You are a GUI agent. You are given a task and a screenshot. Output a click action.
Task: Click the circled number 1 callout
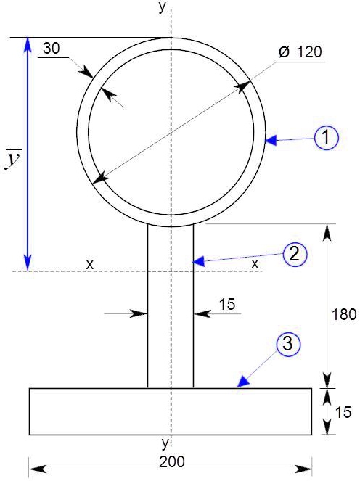tap(327, 137)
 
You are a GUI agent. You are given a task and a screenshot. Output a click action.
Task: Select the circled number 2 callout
tap(293, 253)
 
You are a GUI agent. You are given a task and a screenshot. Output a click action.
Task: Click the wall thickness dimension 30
tap(52, 49)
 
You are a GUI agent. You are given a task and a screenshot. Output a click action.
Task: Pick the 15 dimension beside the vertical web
tap(226, 305)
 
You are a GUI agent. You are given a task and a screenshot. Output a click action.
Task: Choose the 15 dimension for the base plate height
tap(343, 412)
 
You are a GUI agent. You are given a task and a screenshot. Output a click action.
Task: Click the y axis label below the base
tap(165, 442)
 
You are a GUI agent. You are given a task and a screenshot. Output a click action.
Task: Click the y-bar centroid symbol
tap(12, 160)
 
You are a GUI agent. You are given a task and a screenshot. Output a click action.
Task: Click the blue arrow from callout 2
tap(235, 257)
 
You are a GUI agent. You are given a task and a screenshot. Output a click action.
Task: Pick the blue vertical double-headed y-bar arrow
tap(28, 153)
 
